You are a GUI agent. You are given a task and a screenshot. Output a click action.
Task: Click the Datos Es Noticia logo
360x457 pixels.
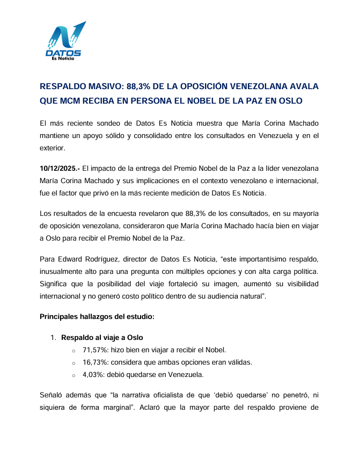tap(64, 42)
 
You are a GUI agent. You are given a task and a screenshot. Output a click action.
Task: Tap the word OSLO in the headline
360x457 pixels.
tap(291, 100)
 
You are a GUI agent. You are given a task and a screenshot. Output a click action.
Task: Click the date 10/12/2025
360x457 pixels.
tap(58, 169)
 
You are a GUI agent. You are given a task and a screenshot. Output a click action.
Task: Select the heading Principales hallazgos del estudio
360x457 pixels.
tap(97, 316)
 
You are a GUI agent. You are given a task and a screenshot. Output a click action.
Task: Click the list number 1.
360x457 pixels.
tap(53, 338)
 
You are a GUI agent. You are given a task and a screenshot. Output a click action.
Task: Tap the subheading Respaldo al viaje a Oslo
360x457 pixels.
tap(102, 338)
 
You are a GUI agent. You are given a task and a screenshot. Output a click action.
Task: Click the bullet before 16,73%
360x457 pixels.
tap(74, 363)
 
